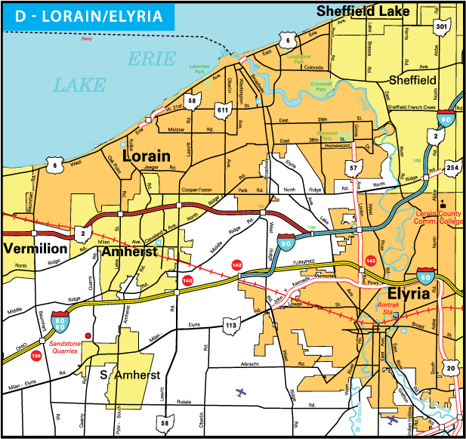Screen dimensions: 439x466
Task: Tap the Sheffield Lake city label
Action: coord(363,11)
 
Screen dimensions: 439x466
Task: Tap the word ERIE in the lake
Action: coord(152,59)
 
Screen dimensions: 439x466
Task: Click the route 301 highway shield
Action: coord(442,26)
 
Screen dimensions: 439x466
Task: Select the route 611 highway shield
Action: coord(222,110)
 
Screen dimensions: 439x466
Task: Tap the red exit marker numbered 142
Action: coord(236,265)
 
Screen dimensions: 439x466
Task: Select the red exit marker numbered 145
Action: coord(370,261)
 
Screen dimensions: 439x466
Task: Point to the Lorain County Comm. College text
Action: coord(440,218)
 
